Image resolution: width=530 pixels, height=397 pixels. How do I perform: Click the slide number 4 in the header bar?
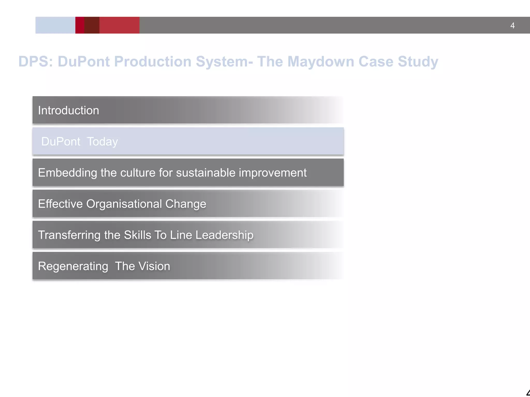(512, 26)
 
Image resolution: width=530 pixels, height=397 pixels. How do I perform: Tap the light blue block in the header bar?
(55, 25)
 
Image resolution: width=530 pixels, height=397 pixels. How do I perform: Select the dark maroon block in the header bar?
(92, 25)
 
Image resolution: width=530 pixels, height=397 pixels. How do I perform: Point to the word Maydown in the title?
(320, 62)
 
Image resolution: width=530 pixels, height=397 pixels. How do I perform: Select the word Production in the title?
(153, 62)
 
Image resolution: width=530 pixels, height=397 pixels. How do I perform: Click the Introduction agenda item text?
(69, 110)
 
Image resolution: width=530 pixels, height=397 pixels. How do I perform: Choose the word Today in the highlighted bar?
(102, 142)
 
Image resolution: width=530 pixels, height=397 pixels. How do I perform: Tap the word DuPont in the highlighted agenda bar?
(61, 142)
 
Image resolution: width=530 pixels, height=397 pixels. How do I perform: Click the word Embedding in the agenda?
(67, 173)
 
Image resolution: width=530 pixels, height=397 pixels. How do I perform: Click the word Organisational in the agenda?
(124, 204)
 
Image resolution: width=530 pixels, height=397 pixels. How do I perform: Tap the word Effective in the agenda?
(60, 204)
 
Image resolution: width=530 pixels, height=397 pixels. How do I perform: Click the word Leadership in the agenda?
(224, 235)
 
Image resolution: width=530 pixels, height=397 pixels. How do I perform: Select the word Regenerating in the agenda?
(73, 266)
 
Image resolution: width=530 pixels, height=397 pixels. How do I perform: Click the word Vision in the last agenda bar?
(154, 266)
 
